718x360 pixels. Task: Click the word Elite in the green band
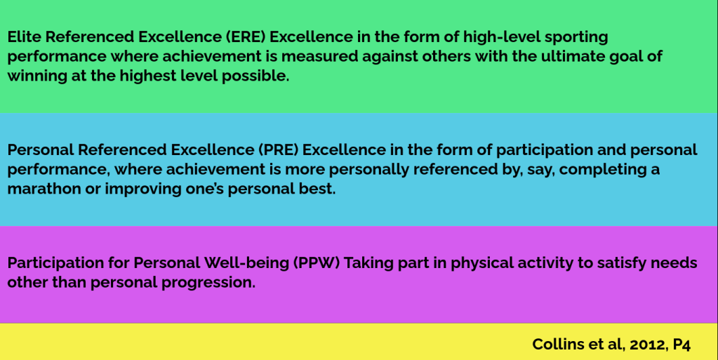point(24,36)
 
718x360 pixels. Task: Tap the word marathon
point(43,189)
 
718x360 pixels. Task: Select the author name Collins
point(555,345)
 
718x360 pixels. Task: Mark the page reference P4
point(682,345)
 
